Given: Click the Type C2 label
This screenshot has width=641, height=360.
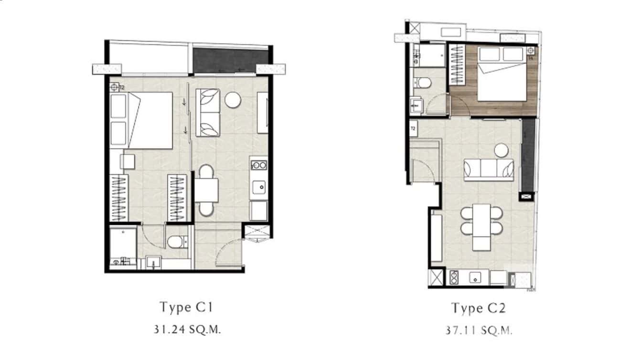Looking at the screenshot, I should (x=479, y=308).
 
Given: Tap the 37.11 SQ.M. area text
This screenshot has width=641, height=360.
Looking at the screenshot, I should (x=479, y=330).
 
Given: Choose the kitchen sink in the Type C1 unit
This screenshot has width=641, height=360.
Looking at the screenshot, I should (x=259, y=187).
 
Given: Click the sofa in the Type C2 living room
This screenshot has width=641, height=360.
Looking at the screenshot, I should (x=488, y=169).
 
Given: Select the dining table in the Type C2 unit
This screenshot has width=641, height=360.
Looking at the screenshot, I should (x=481, y=227).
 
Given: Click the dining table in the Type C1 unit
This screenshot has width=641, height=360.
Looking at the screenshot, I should (x=206, y=190).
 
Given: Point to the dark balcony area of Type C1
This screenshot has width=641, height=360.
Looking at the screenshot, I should (x=224, y=61).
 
